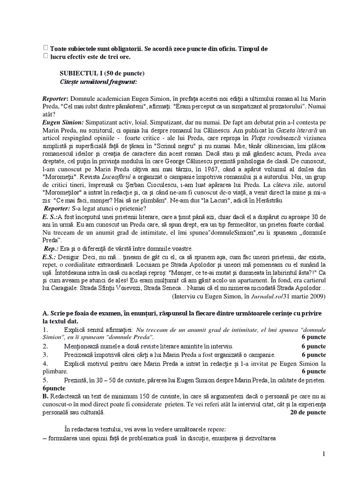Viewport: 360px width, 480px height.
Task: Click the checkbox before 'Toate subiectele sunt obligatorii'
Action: [x=45, y=48]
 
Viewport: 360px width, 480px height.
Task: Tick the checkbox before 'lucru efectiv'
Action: [x=45, y=56]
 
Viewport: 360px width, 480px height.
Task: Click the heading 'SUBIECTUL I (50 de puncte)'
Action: [x=102, y=74]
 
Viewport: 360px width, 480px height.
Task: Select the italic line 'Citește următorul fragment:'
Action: [x=98, y=82]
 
